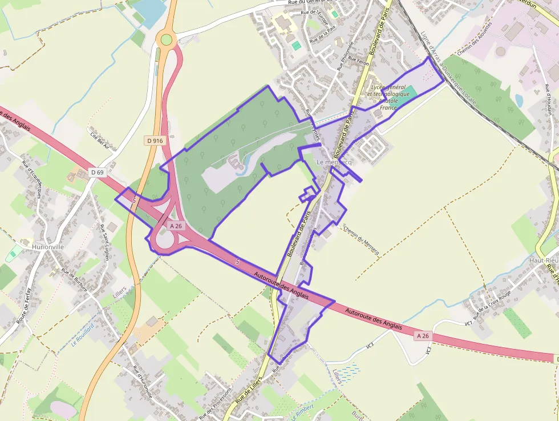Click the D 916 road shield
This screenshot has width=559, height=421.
tap(155, 141)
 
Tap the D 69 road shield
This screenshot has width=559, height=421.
tap(98, 172)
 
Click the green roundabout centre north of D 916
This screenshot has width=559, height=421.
tap(166, 39)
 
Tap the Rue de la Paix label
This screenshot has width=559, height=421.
tap(321, 36)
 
